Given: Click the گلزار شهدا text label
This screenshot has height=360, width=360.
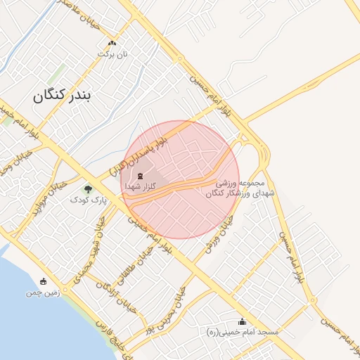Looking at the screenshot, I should tap(140, 188).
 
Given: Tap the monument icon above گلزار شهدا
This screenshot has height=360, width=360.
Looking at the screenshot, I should tap(139, 176).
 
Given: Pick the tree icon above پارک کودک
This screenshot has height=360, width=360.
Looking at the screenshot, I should tap(88, 188).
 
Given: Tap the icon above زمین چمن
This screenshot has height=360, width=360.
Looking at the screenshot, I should tap(44, 281).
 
